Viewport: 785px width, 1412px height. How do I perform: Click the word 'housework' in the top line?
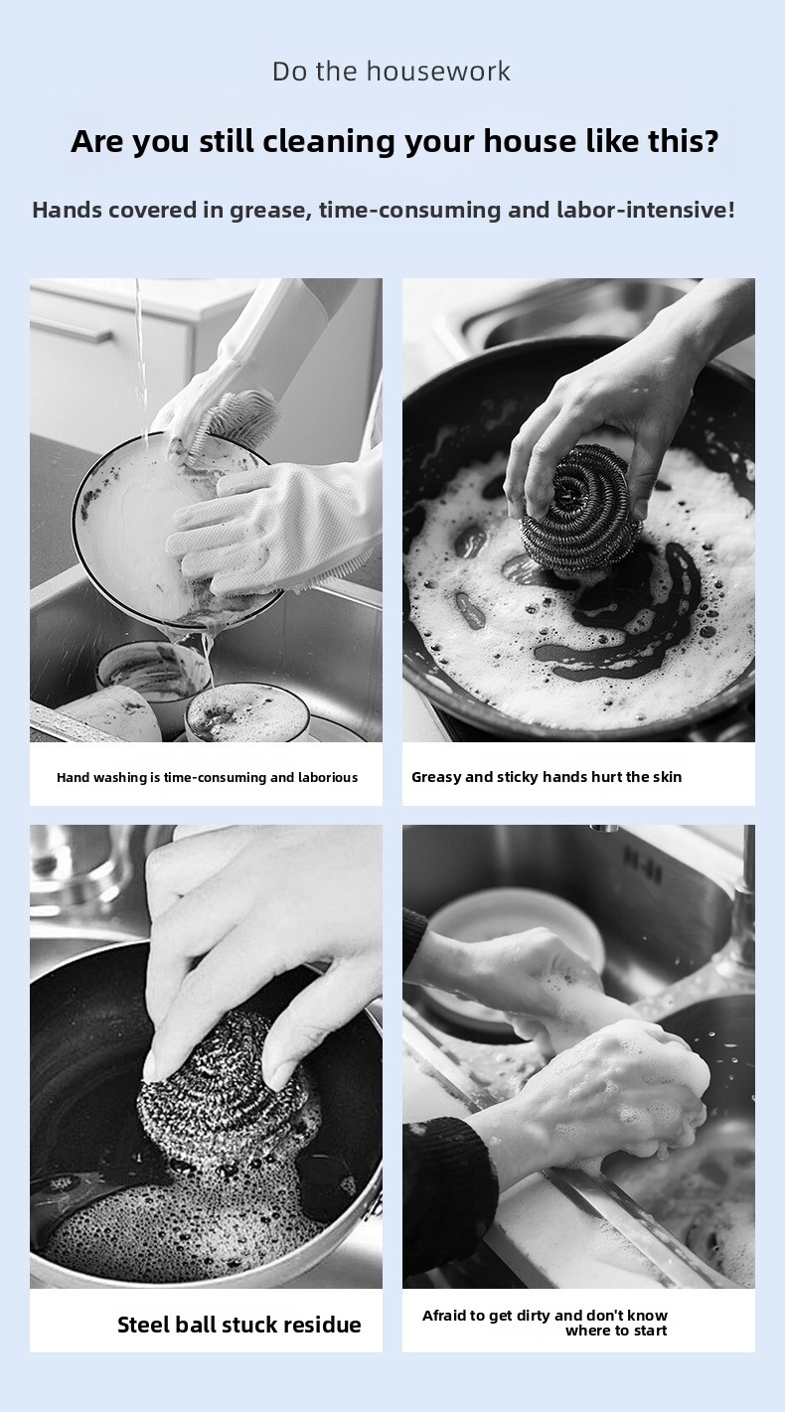point(438,72)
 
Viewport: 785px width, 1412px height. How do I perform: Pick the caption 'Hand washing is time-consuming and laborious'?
point(207,777)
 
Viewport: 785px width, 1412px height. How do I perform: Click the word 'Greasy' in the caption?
point(435,778)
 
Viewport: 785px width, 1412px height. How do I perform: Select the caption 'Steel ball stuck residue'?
point(238,1325)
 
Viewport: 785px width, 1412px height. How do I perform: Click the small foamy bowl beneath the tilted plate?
point(245,712)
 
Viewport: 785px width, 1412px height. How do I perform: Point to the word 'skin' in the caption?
point(667,777)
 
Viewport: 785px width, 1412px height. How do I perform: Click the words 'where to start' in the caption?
point(616,1331)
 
